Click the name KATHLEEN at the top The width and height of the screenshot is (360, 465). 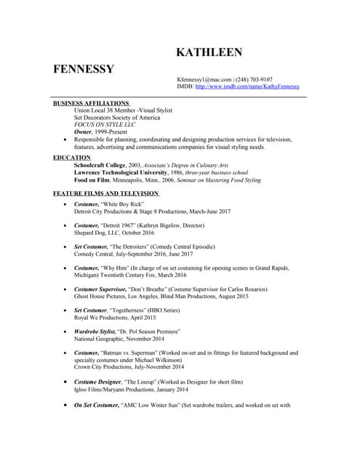[209, 52]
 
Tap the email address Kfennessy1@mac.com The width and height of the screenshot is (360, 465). [204, 79]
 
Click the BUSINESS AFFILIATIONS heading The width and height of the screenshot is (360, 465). [91, 103]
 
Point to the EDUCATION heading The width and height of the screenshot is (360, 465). [72, 158]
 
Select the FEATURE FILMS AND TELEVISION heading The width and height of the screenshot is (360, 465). [105, 193]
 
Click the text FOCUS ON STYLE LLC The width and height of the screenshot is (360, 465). [105, 125]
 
